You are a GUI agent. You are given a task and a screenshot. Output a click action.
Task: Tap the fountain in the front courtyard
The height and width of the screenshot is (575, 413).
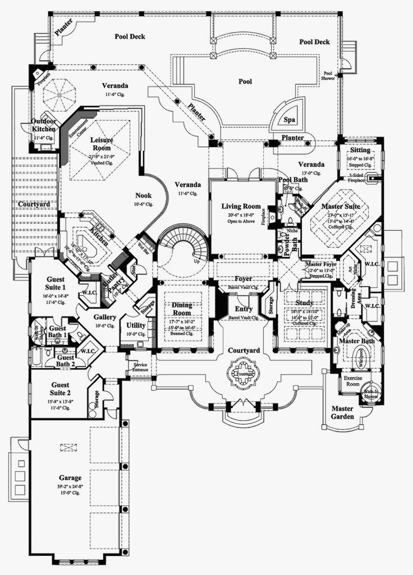[x=244, y=371]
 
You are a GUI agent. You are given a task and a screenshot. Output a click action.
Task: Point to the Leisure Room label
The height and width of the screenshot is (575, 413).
[x=102, y=143]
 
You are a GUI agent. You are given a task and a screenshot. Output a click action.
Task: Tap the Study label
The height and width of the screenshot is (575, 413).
[x=305, y=302]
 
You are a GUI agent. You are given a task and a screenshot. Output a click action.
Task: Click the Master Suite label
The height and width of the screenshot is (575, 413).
[x=336, y=206]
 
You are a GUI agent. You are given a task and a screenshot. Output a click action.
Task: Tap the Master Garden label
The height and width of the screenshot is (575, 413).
[x=342, y=412]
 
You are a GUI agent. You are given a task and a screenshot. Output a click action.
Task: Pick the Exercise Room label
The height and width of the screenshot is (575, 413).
[x=352, y=382]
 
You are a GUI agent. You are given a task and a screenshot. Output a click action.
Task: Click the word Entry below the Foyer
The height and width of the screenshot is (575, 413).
[x=244, y=309]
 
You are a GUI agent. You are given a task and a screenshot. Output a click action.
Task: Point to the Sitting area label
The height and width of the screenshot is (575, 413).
[x=360, y=150]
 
